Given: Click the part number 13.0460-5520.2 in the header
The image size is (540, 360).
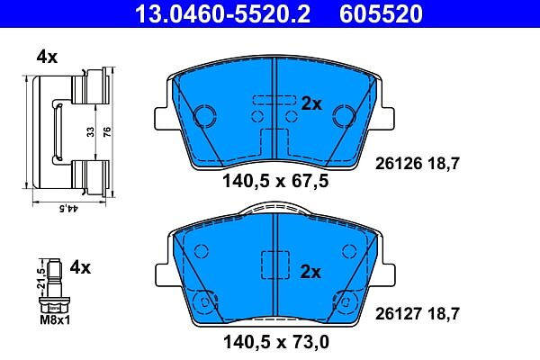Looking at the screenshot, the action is click(x=222, y=13).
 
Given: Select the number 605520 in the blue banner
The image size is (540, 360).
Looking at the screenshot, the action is click(x=381, y=13).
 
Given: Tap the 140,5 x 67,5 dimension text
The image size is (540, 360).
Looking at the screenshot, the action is click(x=275, y=181).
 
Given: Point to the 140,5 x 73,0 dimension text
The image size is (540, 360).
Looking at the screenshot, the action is click(x=276, y=342).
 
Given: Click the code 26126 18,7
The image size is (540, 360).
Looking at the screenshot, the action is click(x=418, y=164).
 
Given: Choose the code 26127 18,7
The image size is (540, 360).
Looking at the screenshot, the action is click(x=418, y=313).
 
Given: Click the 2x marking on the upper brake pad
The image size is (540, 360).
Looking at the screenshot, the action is click(x=311, y=103).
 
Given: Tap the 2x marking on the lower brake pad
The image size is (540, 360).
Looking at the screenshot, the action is click(x=310, y=272).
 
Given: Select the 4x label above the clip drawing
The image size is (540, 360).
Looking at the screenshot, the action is click(x=47, y=57).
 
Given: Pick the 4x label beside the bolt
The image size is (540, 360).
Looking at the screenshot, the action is click(x=80, y=267).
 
